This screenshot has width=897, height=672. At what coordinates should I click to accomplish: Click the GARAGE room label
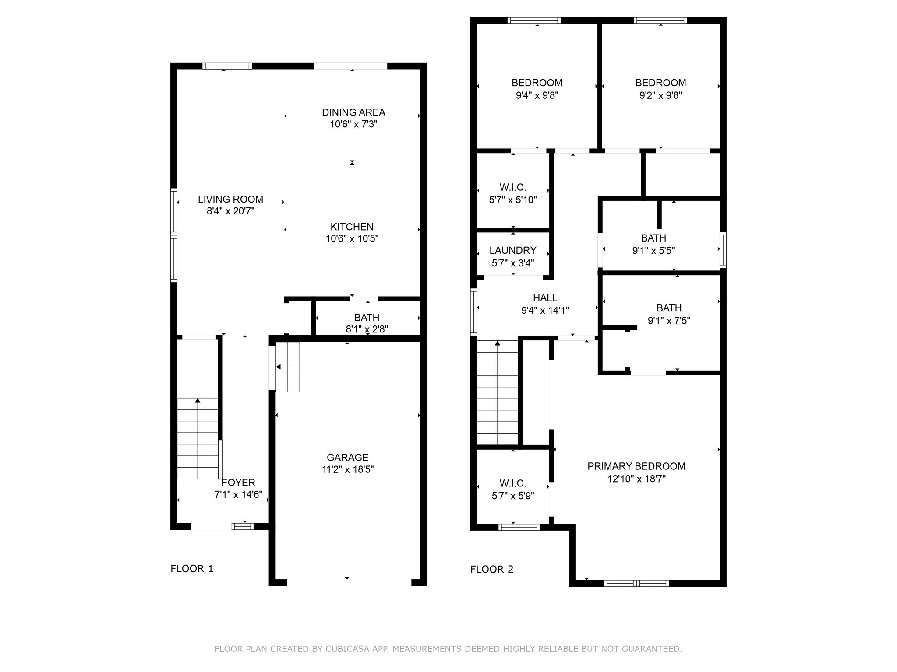[347, 458]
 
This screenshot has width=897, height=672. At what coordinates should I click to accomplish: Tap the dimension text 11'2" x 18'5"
[347, 470]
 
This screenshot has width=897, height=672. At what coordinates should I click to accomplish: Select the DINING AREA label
[353, 112]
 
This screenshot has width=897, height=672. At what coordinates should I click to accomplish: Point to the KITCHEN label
[352, 227]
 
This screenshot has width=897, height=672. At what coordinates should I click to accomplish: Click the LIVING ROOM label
[230, 199]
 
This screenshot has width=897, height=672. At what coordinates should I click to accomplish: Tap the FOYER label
[238, 483]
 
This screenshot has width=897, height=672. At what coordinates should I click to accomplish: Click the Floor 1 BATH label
[367, 318]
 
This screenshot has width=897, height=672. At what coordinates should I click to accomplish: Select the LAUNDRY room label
[513, 250]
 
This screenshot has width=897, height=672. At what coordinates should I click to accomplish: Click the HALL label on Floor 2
[545, 298]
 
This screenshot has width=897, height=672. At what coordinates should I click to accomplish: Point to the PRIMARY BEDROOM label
[636, 466]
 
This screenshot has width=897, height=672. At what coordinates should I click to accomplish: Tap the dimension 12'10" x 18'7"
[636, 479]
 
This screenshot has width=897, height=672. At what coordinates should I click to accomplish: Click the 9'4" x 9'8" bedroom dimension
[537, 95]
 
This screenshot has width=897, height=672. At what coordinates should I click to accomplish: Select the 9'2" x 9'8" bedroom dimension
[660, 95]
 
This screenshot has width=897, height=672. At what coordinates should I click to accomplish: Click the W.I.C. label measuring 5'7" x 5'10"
[512, 187]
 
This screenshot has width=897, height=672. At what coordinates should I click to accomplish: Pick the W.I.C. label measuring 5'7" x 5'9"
[512, 483]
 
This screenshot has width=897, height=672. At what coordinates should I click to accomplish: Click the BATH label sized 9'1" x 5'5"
[653, 238]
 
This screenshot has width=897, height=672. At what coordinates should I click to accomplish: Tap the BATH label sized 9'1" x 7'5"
[669, 308]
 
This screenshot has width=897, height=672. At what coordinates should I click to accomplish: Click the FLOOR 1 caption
[192, 569]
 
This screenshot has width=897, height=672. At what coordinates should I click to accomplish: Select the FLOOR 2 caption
[492, 569]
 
